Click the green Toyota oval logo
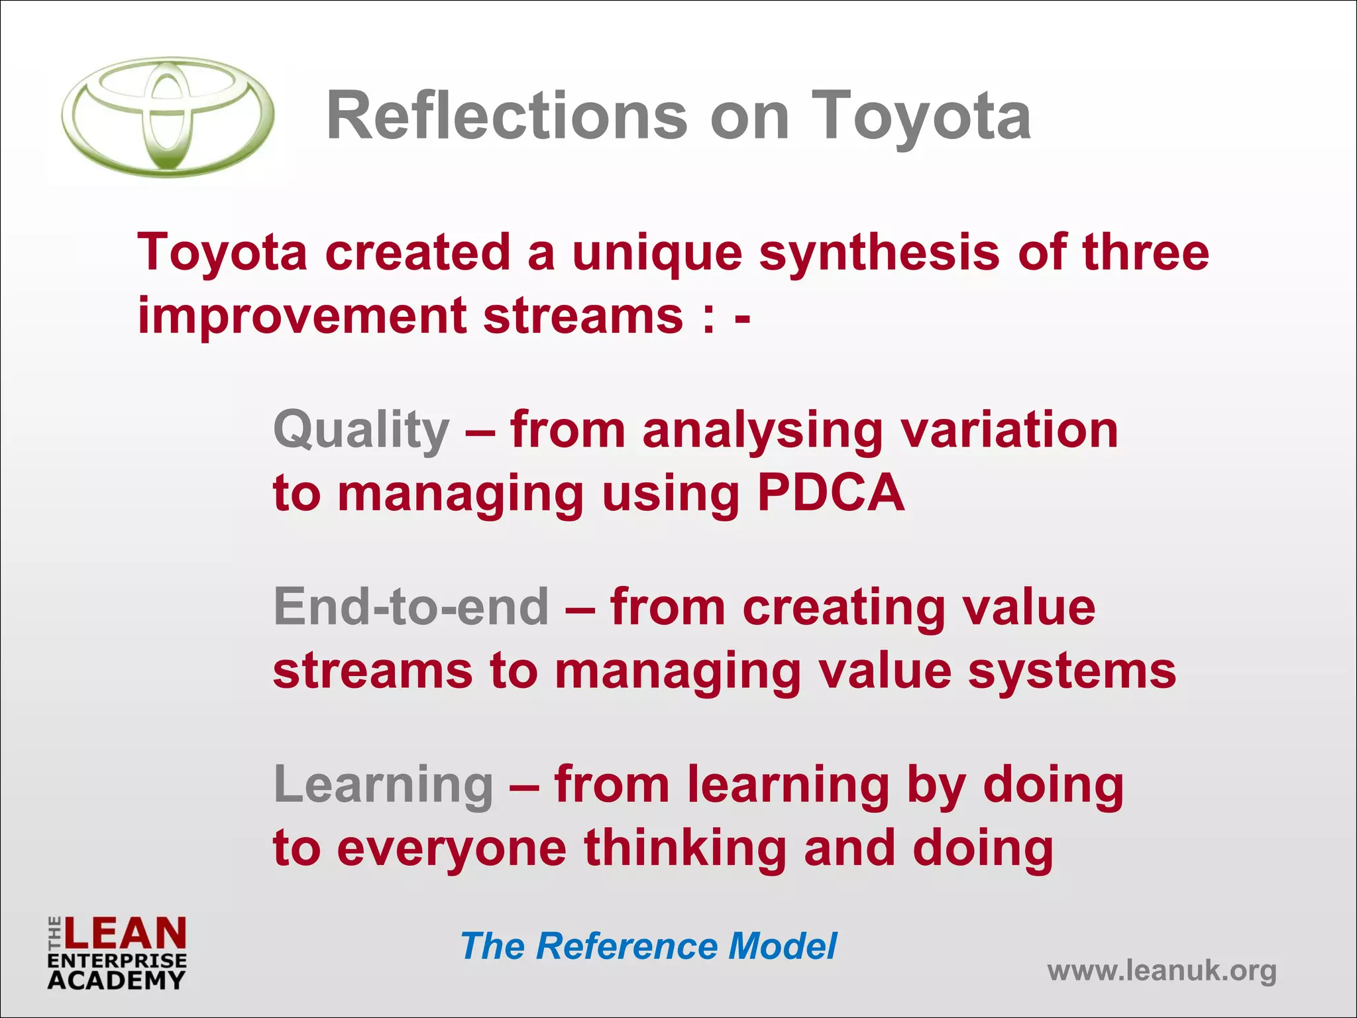(168, 117)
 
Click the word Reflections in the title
(507, 117)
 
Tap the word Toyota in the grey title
(921, 118)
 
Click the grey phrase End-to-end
(411, 607)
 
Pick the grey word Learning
(383, 785)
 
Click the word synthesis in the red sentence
(879, 253)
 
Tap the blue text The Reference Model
(648, 946)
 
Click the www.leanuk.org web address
(1162, 971)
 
